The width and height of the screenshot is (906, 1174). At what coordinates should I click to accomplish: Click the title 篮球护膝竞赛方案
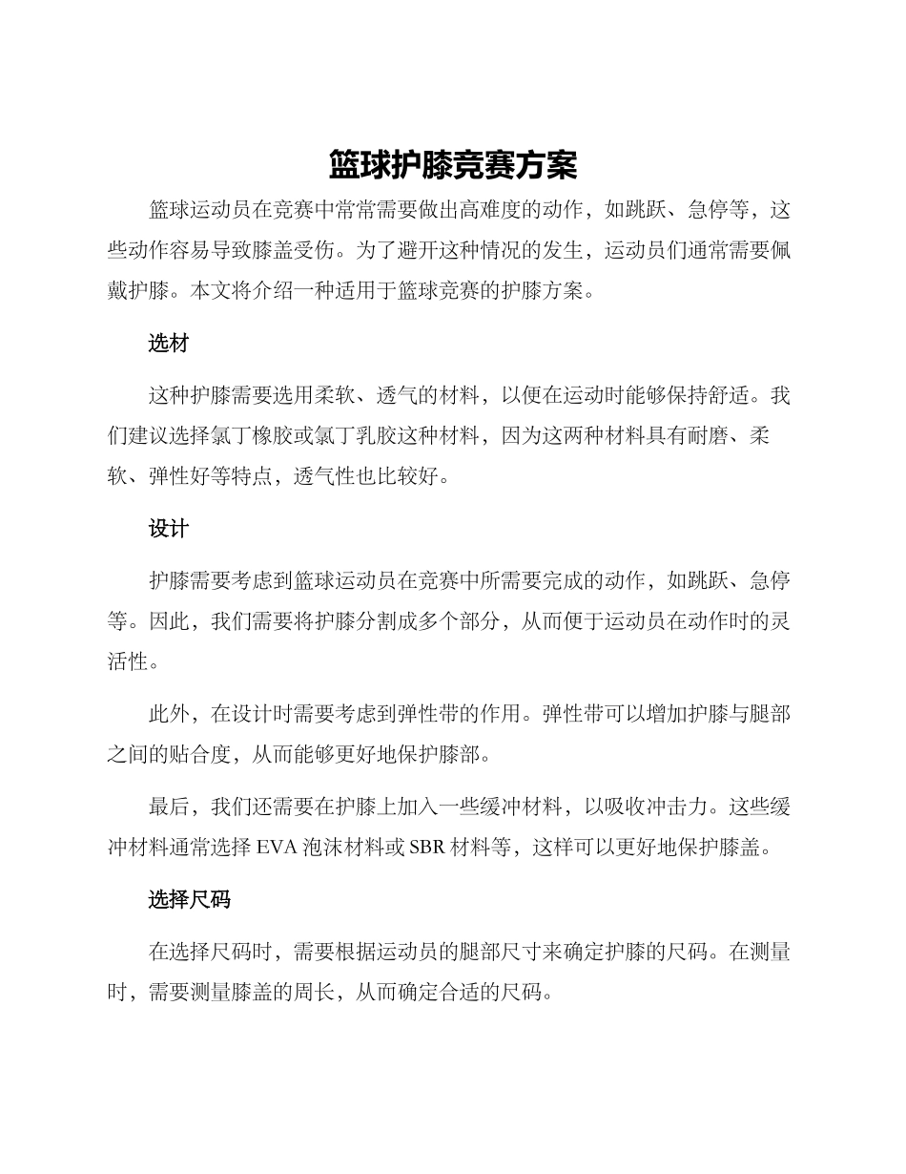coord(453,165)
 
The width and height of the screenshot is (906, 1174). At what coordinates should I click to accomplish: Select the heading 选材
coord(169,345)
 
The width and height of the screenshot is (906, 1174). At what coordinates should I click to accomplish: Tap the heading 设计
coord(169,529)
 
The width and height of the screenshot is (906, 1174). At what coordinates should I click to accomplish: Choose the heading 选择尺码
coord(189,899)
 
